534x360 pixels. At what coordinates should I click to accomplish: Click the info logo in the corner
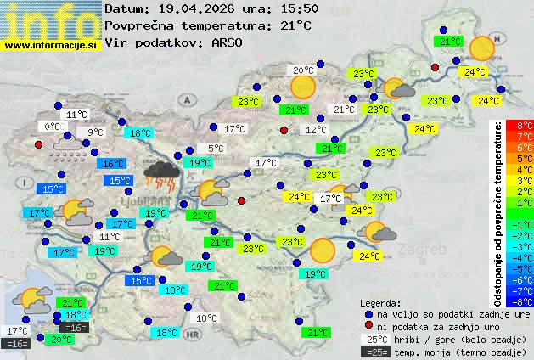[x=49, y=19]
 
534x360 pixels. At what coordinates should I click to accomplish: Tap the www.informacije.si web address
[x=52, y=43]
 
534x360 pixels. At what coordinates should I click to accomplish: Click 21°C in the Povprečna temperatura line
[x=295, y=25]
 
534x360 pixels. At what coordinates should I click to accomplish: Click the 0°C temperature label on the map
[x=54, y=127]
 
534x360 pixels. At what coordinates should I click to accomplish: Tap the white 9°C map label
[x=94, y=132]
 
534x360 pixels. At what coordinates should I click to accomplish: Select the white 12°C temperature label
[x=316, y=130]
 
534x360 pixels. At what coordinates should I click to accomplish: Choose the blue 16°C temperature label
[x=111, y=164]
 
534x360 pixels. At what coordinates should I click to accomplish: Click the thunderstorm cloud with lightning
[x=160, y=174]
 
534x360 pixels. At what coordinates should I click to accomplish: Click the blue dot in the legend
[x=368, y=313]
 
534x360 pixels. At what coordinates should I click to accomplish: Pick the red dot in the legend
[x=368, y=326]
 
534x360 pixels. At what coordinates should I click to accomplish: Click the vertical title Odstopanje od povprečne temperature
[x=498, y=212]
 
